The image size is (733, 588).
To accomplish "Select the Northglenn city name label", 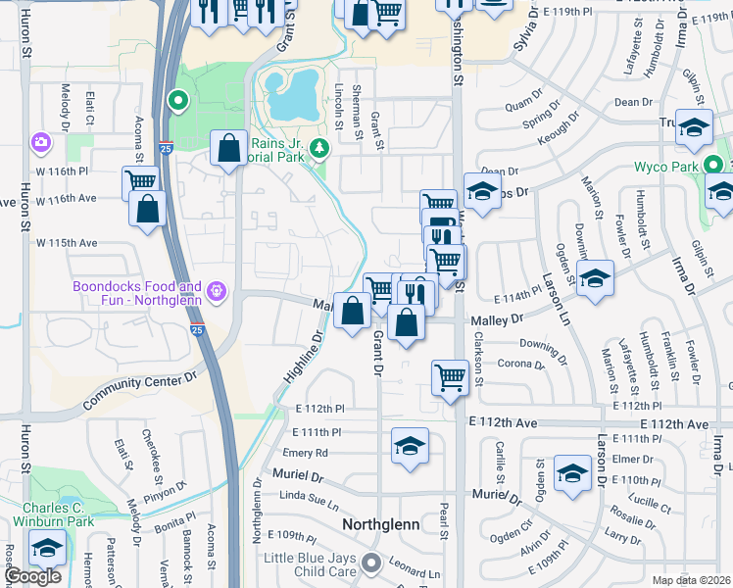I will click(x=381, y=524).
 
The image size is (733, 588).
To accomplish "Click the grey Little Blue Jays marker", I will click(x=370, y=563).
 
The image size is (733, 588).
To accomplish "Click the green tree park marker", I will click(x=318, y=149).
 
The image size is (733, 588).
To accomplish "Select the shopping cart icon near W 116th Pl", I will click(x=141, y=181).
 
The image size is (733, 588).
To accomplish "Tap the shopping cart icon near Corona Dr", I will click(x=450, y=375).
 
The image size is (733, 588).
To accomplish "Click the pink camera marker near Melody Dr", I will click(x=40, y=143).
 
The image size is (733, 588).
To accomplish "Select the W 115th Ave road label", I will click(x=67, y=242).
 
